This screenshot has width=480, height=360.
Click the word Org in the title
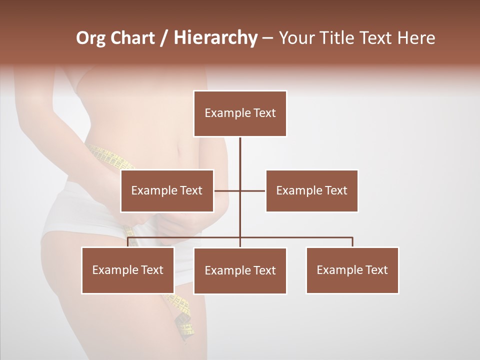[x=90, y=38]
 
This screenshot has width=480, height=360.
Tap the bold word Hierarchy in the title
[x=215, y=38]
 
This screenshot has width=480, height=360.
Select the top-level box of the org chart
[x=240, y=113]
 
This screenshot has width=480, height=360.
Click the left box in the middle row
[x=167, y=191]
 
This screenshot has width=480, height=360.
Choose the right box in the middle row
[x=311, y=191]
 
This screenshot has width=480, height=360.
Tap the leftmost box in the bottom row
[x=128, y=270]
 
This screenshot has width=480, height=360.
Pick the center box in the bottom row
[x=240, y=271]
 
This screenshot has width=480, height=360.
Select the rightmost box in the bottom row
[x=352, y=270]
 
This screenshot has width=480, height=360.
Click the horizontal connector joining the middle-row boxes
[x=252, y=190]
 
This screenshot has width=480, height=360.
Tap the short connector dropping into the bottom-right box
[x=352, y=242]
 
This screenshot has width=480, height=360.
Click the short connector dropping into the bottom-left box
[x=128, y=242]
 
